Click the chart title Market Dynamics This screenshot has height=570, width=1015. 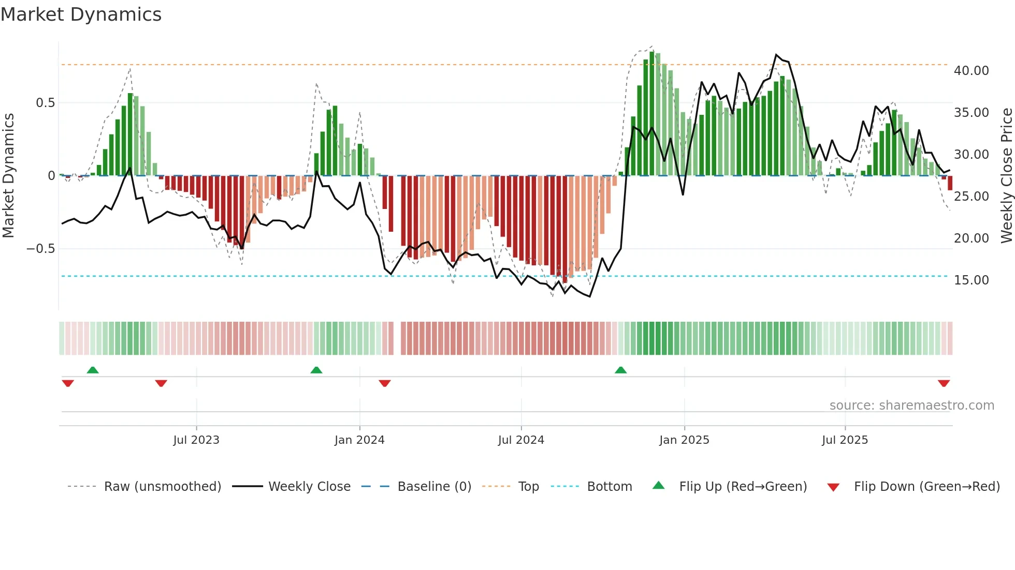pos(81,14)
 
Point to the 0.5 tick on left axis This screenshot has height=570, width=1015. pos(45,103)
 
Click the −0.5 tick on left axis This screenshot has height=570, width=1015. pos(40,249)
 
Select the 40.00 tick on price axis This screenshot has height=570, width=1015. pos(971,71)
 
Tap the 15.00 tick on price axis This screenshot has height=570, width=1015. pos(971,280)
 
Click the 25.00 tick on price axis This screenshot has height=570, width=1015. pos(971,197)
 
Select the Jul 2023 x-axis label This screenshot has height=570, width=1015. pos(196,440)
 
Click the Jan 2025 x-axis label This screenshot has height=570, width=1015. pos(684,440)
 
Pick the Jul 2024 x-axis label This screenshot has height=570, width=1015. pos(521,440)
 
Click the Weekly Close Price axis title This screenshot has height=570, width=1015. pos(1006,175)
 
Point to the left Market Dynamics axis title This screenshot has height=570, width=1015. pos(8,175)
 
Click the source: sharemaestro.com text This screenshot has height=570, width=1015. pos(911,406)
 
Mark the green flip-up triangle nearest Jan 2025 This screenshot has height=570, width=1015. pos(620,370)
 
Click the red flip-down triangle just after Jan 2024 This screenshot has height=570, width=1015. pos(384,383)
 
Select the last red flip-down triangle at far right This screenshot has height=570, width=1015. pos(944,383)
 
